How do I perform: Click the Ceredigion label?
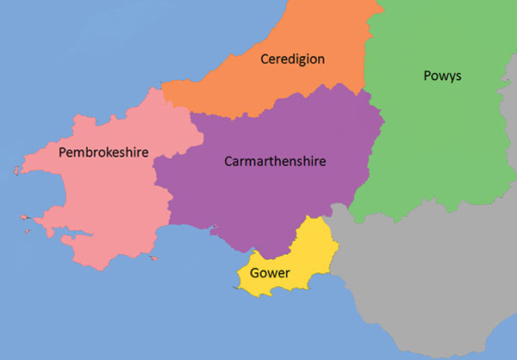[x=292, y=59]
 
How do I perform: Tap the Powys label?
[x=443, y=76]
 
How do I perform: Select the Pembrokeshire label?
[x=103, y=152]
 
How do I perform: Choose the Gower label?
[x=270, y=273]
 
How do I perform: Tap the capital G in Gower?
[x=255, y=273]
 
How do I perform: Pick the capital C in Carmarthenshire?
[x=228, y=160]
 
